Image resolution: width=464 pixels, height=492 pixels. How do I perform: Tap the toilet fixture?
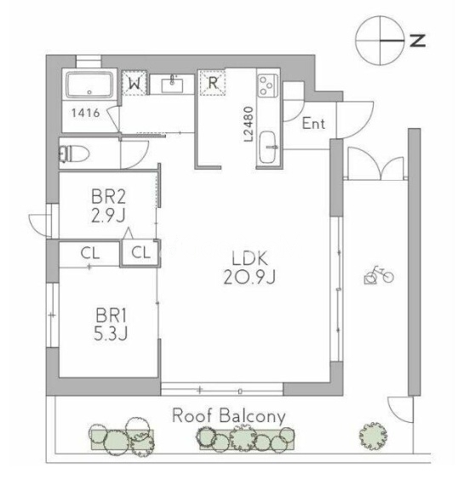pyautogui.click(x=74, y=153)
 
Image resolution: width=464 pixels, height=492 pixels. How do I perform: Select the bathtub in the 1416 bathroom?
pyautogui.click(x=89, y=84)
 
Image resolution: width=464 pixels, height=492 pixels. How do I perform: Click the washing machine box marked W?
pyautogui.click(x=135, y=83)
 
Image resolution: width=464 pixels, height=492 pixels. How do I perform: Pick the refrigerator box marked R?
pyautogui.click(x=213, y=83)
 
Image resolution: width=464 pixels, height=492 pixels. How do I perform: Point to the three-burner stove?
pyautogui.click(x=267, y=84)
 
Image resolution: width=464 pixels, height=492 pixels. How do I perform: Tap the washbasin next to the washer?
pyautogui.click(x=172, y=85)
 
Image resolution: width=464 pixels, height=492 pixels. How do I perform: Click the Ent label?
pyautogui.click(x=313, y=124)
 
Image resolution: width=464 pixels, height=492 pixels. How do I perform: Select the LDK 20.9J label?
pyautogui.click(x=249, y=268)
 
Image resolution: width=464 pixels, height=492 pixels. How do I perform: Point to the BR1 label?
pyautogui.click(x=112, y=315)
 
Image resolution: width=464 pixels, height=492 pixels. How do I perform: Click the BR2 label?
pyautogui.click(x=108, y=197)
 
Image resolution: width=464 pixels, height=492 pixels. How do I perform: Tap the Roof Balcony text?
pyautogui.click(x=229, y=417)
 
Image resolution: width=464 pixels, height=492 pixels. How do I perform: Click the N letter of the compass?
pyautogui.click(x=418, y=40)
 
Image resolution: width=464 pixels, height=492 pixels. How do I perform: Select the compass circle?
pyautogui.click(x=380, y=40)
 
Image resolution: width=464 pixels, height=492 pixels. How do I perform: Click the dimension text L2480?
pyautogui.click(x=249, y=124)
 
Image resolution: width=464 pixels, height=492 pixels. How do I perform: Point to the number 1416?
pyautogui.click(x=86, y=113)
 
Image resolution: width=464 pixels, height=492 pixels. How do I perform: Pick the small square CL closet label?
pyautogui.click(x=141, y=252)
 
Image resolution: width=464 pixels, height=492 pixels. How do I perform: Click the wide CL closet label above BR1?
pyautogui.click(x=90, y=253)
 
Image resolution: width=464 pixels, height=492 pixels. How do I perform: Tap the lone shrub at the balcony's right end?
pyautogui.click(x=373, y=436)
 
